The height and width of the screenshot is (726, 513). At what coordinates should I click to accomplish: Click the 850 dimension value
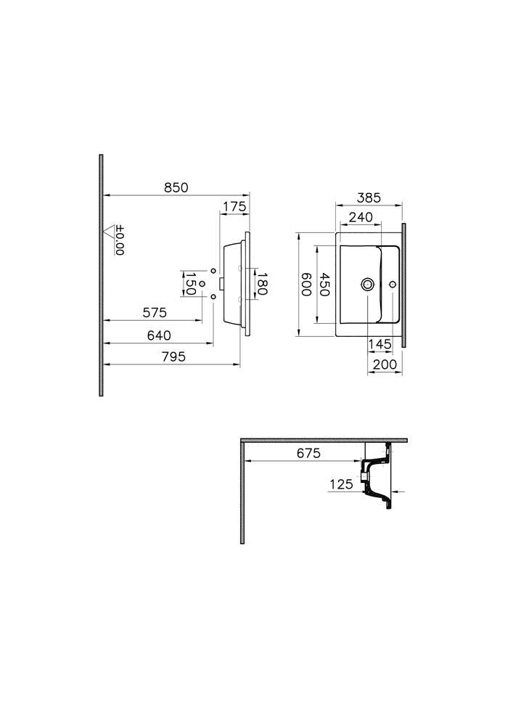pos(176,187)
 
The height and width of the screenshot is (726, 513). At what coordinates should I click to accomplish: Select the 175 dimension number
pos(234,207)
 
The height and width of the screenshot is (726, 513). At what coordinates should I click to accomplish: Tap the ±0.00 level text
pos(120,240)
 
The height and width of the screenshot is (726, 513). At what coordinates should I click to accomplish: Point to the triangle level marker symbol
pos(110,232)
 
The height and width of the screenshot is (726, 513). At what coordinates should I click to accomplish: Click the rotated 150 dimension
pos(189,283)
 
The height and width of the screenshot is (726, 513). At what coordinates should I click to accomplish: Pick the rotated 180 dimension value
pos(262,282)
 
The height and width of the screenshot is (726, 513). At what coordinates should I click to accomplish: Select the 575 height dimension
pos(154,313)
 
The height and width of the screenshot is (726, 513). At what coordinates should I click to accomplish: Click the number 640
pos(158,335)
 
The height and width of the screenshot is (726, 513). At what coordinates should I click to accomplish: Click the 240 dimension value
pos(361,217)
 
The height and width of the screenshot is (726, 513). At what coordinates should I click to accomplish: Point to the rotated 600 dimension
pos(306,285)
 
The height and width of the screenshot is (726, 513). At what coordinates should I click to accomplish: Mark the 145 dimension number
pos(379,344)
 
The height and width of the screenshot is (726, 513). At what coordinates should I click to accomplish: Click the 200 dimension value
pos(385,364)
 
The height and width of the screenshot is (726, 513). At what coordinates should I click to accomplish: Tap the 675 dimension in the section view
pos(308,454)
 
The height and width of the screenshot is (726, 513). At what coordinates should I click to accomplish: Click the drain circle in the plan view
pos(368,285)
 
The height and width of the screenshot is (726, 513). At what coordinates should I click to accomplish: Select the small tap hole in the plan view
pos(393,285)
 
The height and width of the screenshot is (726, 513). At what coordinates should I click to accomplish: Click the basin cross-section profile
pos(378,479)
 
